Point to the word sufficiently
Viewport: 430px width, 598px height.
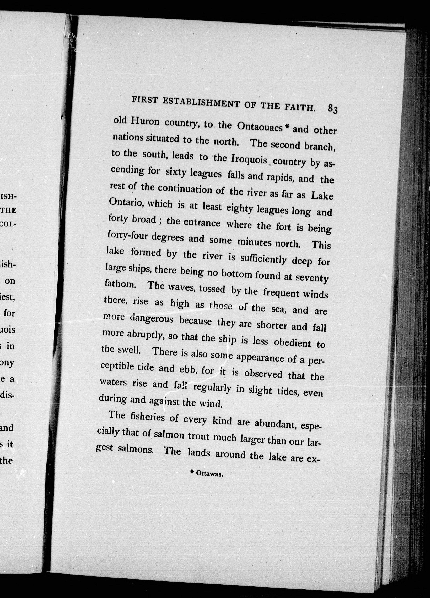[263, 260]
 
